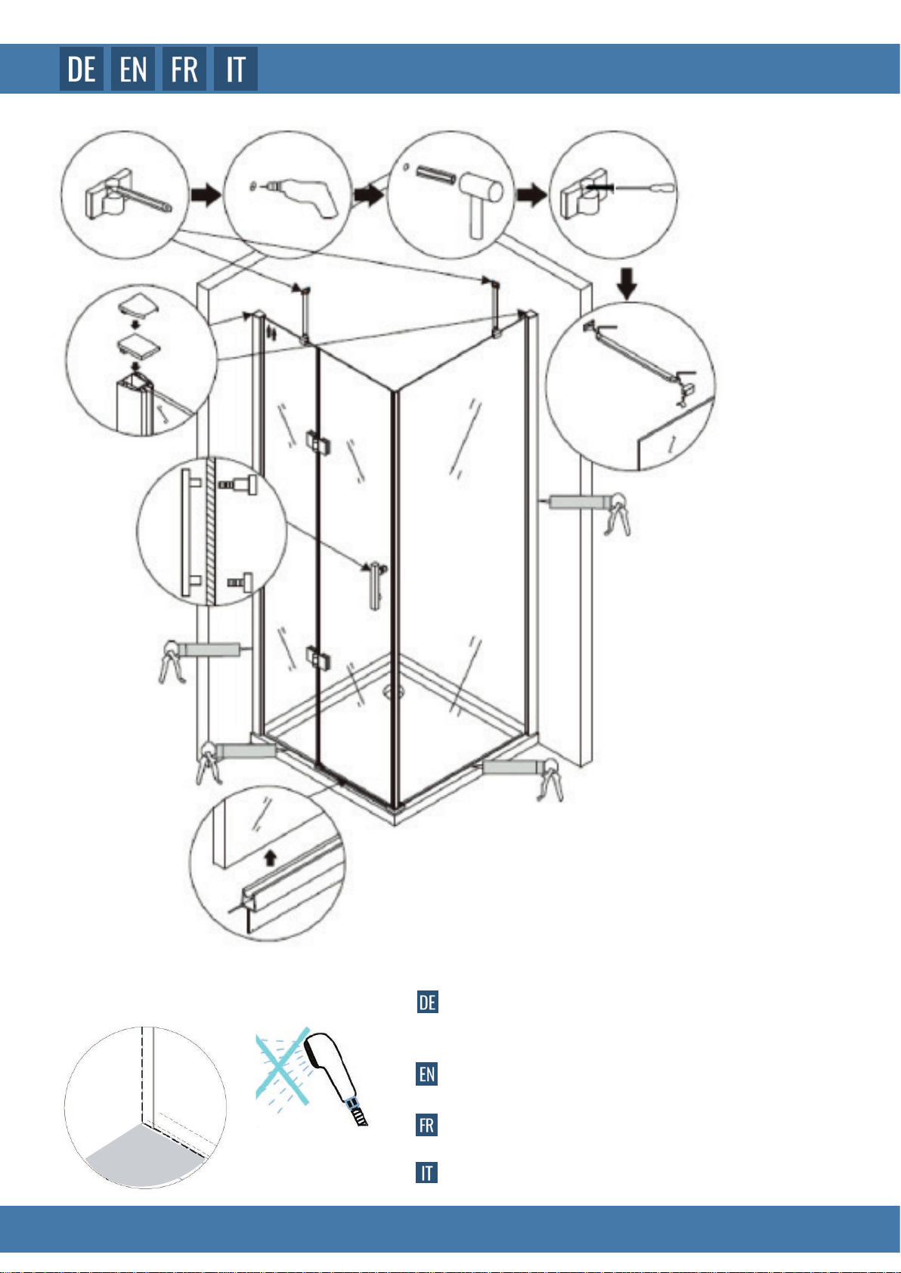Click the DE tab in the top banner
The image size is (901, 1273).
click(x=82, y=69)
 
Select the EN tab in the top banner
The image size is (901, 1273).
click(x=133, y=69)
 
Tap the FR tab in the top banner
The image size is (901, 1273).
click(x=184, y=69)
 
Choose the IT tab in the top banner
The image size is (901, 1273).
click(x=235, y=69)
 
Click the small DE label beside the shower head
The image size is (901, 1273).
click(x=428, y=1002)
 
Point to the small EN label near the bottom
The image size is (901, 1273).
click(x=427, y=1074)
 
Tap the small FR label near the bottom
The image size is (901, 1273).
click(x=427, y=1125)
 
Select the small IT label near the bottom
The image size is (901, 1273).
click(x=427, y=1173)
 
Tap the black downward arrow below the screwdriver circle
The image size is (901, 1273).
click(x=627, y=283)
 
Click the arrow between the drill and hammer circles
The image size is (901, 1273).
click(x=369, y=195)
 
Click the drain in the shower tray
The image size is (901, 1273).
click(x=393, y=691)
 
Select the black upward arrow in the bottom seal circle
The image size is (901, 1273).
click(x=271, y=857)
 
